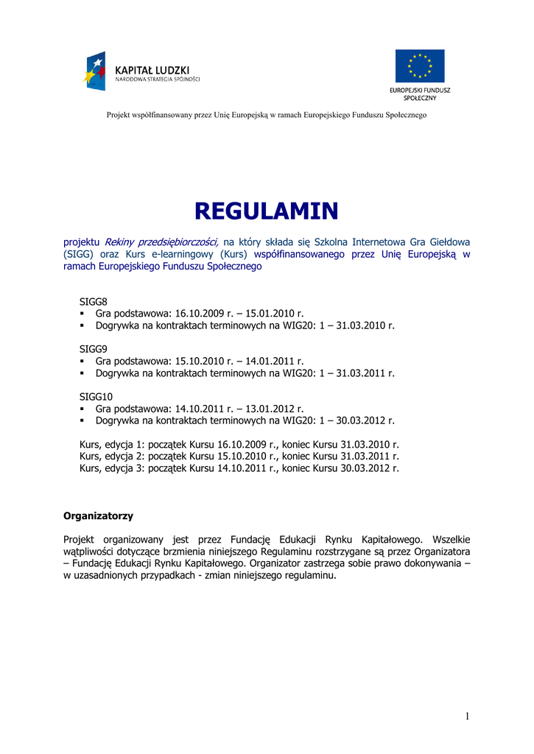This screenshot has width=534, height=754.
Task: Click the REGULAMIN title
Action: pyautogui.click(x=266, y=211)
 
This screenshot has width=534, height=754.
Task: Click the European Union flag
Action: pyautogui.click(x=419, y=66)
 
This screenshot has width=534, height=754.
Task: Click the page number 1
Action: pyautogui.click(x=467, y=716)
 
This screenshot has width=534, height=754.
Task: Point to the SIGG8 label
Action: pyautogui.click(x=94, y=301)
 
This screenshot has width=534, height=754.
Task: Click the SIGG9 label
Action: pyautogui.click(x=94, y=349)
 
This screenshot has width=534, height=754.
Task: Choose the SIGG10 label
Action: pyautogui.click(x=96, y=397)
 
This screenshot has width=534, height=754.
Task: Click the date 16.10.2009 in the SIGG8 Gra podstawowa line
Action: pyautogui.click(x=199, y=313)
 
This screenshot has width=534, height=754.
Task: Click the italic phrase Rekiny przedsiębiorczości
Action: pyautogui.click(x=161, y=241)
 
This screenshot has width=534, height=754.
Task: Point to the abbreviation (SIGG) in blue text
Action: pyautogui.click(x=78, y=253)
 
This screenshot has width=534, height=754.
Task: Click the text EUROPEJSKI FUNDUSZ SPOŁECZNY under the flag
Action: pyautogui.click(x=420, y=94)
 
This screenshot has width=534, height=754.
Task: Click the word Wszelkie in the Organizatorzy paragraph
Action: pyautogui.click(x=452, y=539)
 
